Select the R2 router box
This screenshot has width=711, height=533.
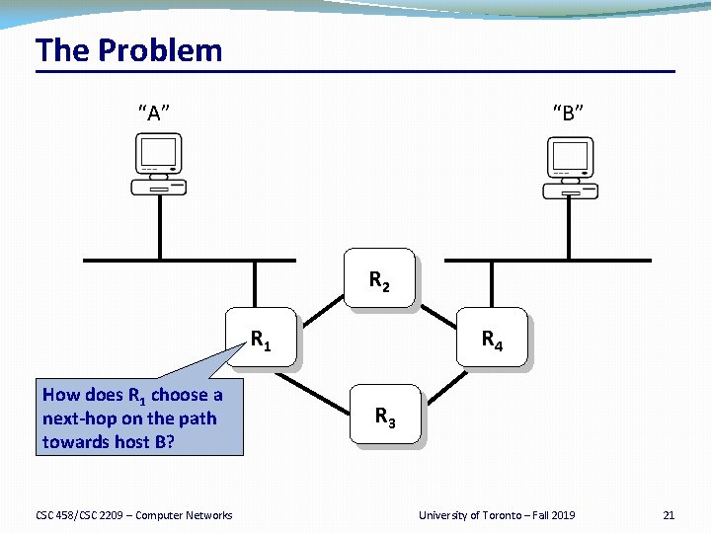click(379, 281)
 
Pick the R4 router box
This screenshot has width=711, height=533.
click(492, 341)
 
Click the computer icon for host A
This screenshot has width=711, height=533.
click(159, 165)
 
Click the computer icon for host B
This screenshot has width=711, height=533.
click(571, 168)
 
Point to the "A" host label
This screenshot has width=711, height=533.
click(153, 112)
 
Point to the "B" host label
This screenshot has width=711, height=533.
click(568, 112)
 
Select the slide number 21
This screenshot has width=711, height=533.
click(669, 515)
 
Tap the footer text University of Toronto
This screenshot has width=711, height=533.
click(466, 515)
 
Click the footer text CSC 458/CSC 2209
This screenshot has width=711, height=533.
click(79, 515)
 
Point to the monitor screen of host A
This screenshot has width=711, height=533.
click(159, 152)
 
